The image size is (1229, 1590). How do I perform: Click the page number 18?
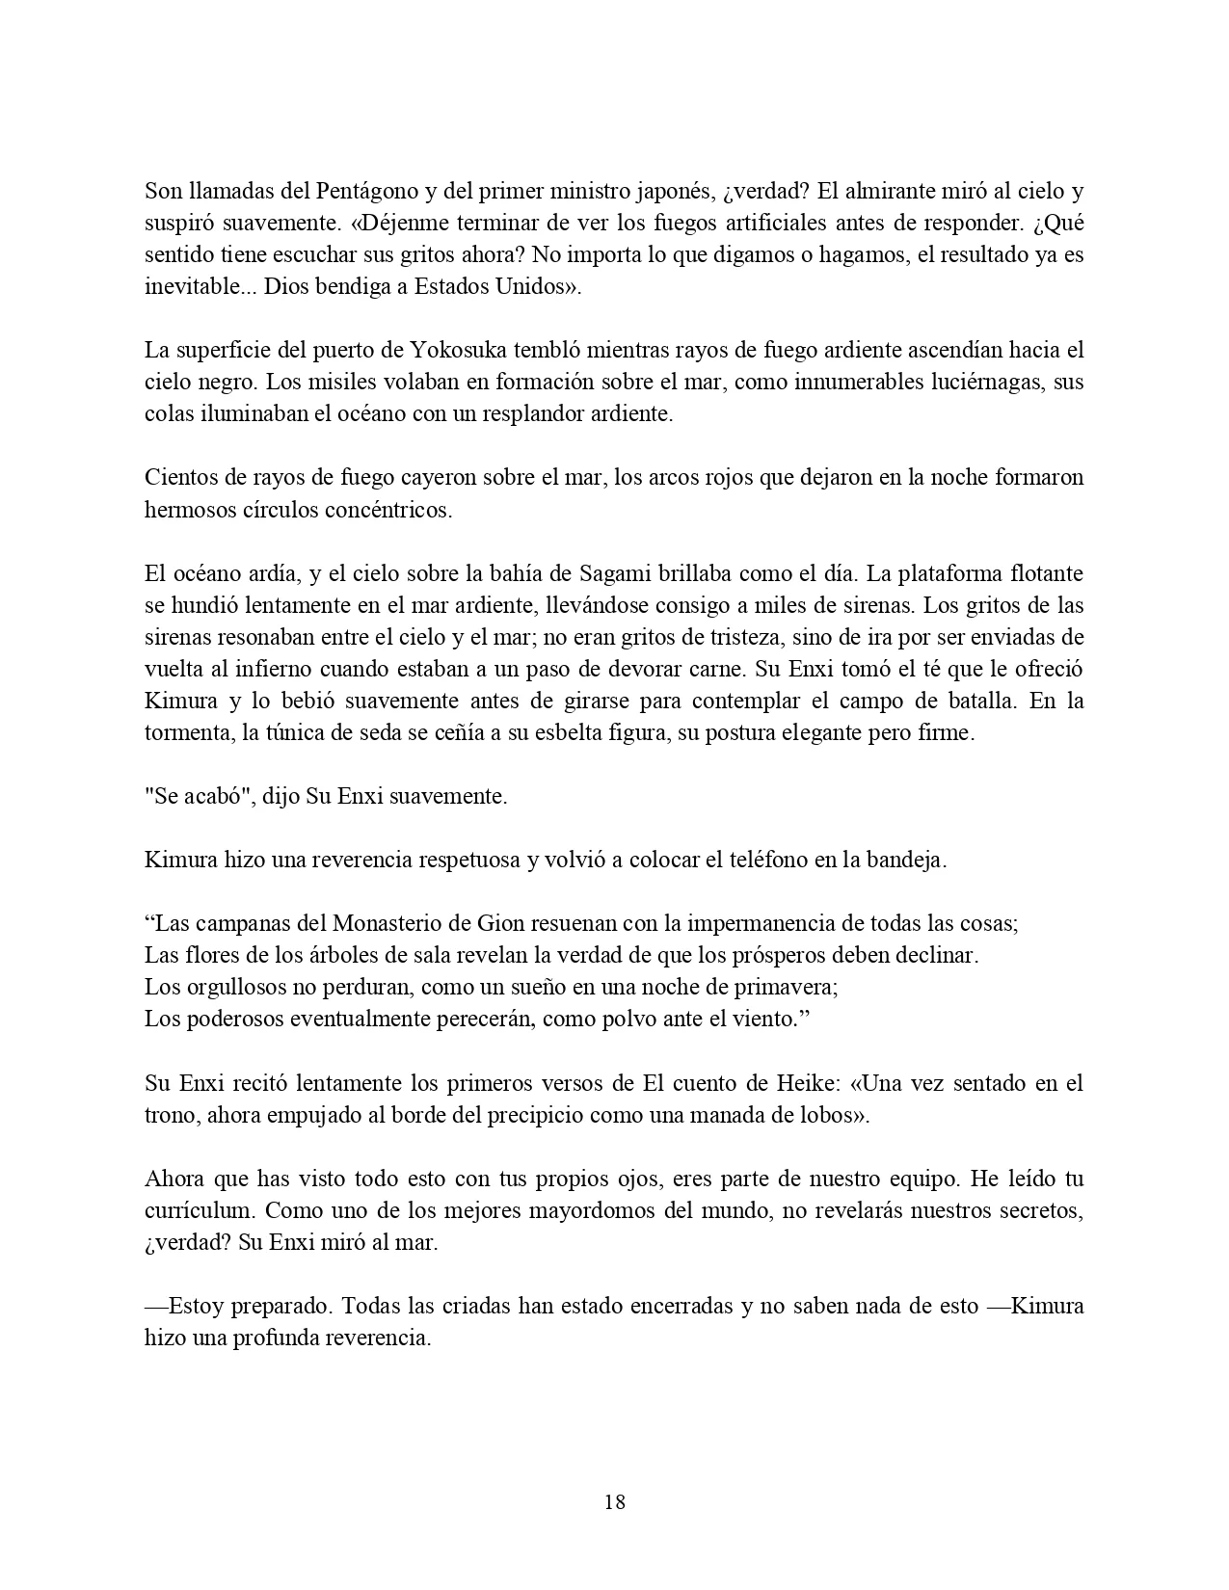tap(614, 1500)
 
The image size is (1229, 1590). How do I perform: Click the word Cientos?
tap(178, 477)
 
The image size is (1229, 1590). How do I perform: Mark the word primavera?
tap(790, 987)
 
